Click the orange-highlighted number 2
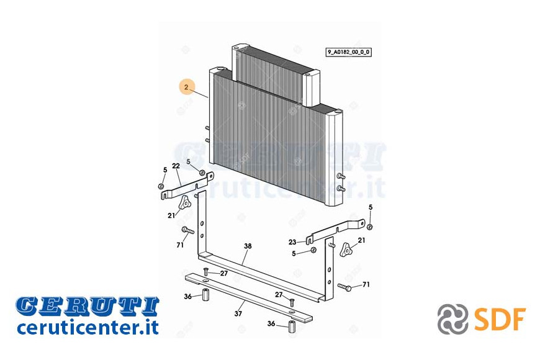[186, 87]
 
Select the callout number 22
[176, 166]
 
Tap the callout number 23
[292, 242]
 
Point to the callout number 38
[248, 246]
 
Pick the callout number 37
[238, 313]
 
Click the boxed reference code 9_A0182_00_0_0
[349, 52]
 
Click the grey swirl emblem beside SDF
[452, 319]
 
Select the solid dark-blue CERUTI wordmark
[87, 306]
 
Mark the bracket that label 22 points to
[187, 186]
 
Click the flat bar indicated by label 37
[249, 299]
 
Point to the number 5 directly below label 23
[294, 254]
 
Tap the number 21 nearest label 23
[361, 240]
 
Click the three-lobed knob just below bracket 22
[184, 202]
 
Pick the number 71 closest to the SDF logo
[366, 284]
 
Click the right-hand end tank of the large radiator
[333, 158]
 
